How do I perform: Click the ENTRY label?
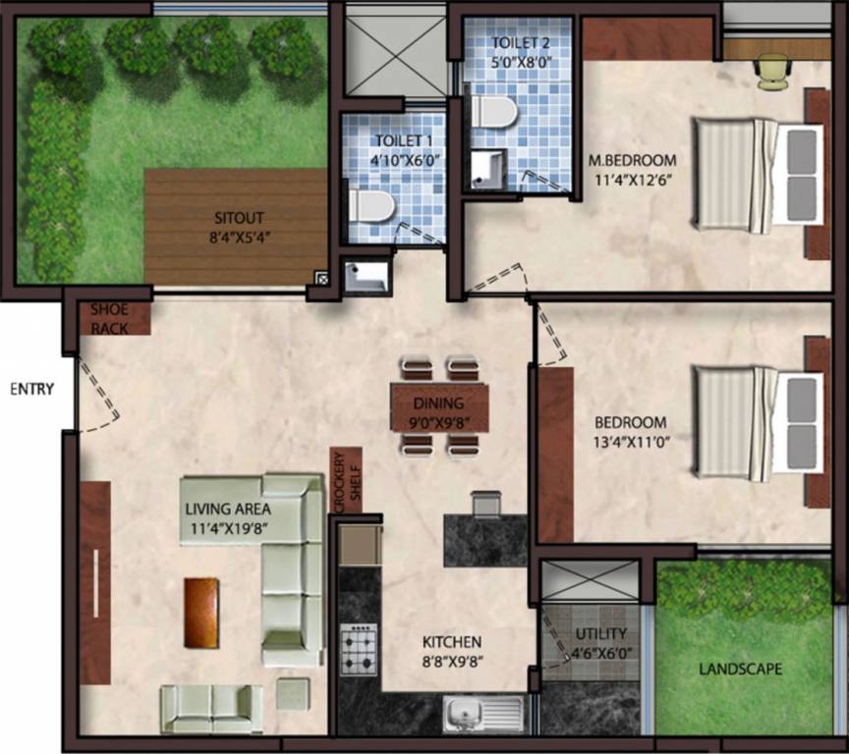coord(30,388)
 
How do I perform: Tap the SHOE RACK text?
coord(109,319)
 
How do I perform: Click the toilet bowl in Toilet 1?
coord(372,207)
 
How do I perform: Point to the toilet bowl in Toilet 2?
coord(493,111)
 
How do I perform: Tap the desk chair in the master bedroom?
coord(773,71)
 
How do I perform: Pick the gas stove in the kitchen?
coord(359,649)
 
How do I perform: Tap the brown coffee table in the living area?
coord(201,613)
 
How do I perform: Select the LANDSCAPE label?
coord(740,670)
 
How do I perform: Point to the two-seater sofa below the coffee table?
coord(211,707)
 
